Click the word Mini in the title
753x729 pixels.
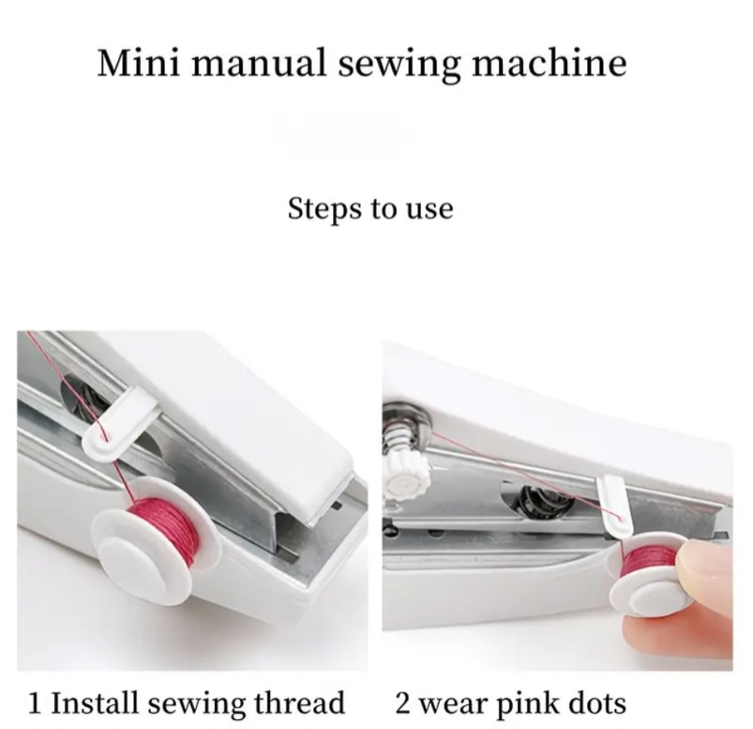point(139,62)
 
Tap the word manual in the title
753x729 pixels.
point(259,62)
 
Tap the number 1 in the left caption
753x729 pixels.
point(35,702)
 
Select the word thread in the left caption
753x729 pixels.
point(299,702)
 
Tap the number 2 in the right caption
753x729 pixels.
point(402,703)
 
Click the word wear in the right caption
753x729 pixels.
point(452,706)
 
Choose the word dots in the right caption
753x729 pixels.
point(597,703)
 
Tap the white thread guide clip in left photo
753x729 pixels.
point(120,422)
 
